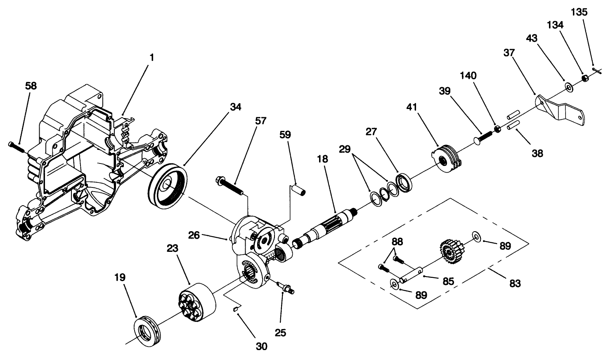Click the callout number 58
click(x=31, y=86)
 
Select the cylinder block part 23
click(x=197, y=303)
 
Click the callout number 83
click(x=515, y=283)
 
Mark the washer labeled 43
click(x=568, y=87)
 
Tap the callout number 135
click(x=579, y=12)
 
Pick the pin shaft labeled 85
click(x=411, y=275)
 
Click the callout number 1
click(x=151, y=57)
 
